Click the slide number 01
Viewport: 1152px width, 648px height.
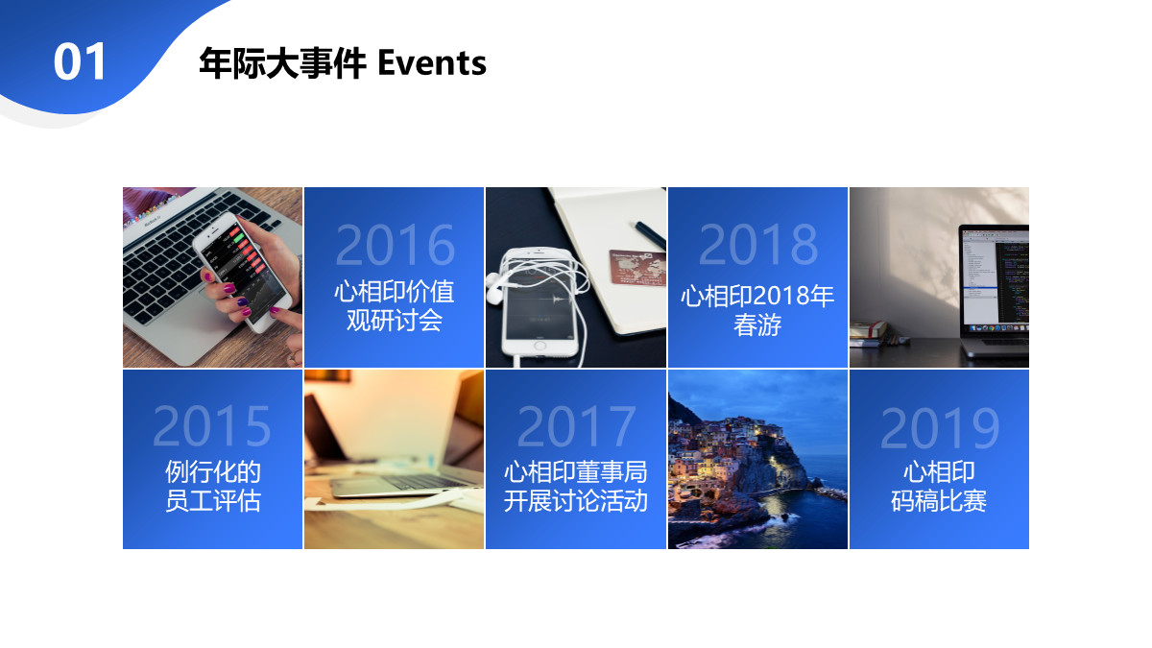[80, 62]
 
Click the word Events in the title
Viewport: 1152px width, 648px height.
[431, 63]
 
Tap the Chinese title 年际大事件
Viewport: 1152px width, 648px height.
[282, 63]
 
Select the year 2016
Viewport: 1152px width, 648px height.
[395, 246]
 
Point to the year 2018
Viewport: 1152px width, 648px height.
[757, 246]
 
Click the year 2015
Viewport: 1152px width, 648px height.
[212, 427]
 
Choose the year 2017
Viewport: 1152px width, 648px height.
[576, 427]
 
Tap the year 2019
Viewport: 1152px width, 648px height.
[939, 427]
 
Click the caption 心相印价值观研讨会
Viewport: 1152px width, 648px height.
[395, 305]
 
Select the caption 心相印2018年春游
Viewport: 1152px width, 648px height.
[757, 309]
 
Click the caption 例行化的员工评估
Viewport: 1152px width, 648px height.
[212, 487]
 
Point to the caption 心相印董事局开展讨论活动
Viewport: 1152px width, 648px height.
[576, 487]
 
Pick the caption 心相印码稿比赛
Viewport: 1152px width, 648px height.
[939, 487]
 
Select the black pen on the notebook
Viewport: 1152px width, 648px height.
[648, 233]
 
